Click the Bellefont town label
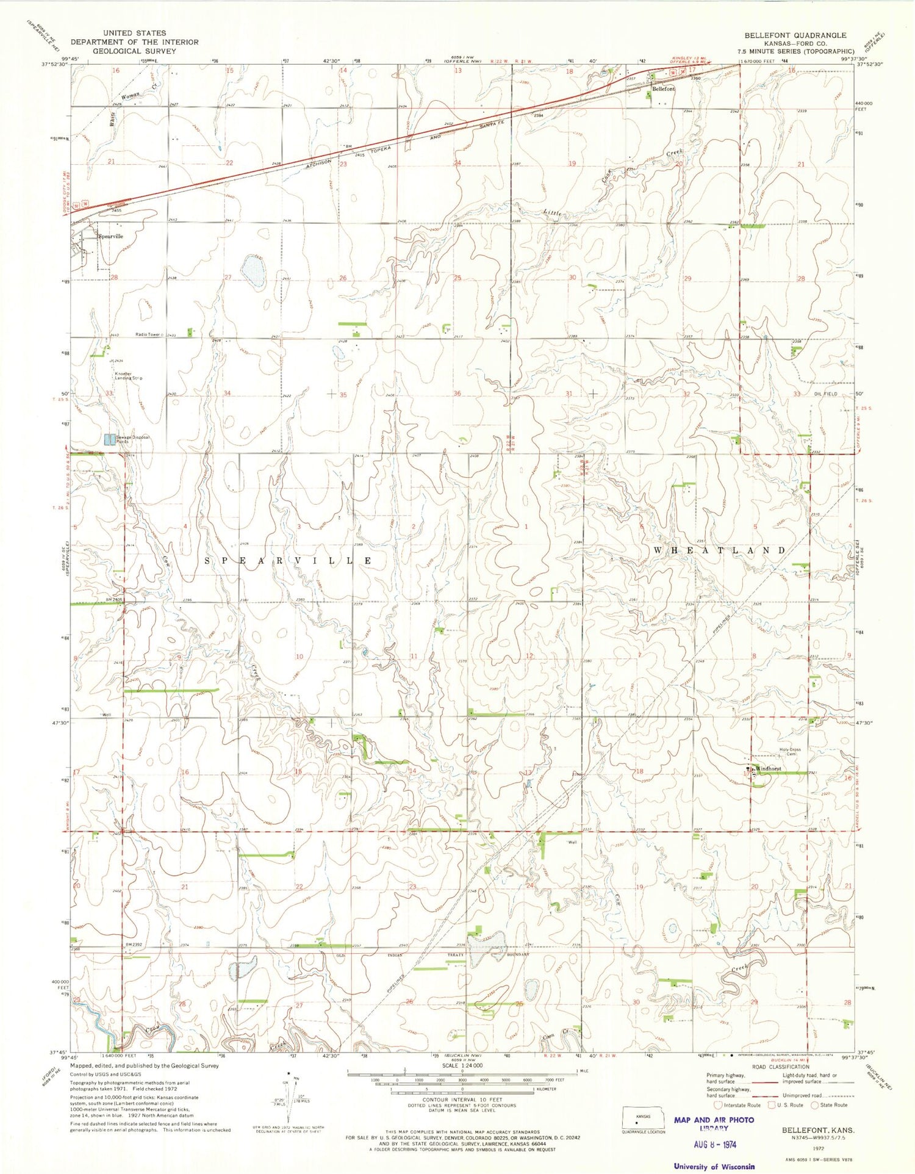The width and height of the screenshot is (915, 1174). (664, 89)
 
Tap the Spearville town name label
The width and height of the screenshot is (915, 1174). (111, 236)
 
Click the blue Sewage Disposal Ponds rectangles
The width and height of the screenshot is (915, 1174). (110, 439)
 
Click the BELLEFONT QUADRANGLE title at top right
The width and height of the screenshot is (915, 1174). (795, 35)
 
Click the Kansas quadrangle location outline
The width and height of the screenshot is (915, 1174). (643, 1120)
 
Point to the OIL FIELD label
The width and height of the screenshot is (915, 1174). (826, 394)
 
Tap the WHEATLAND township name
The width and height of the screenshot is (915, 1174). (720, 550)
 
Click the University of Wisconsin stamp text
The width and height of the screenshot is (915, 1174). (714, 1166)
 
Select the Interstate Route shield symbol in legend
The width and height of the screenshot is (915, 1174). (717, 1104)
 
